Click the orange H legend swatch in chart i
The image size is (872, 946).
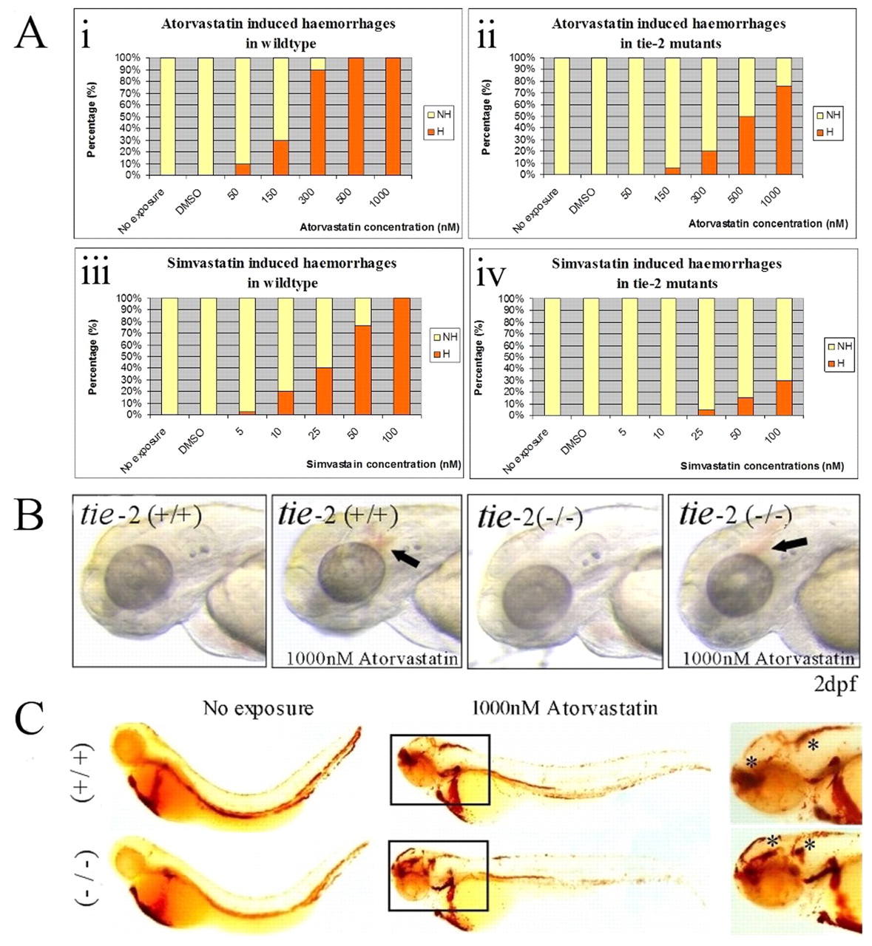tap(430, 132)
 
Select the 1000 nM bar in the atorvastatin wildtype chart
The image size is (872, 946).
tap(393, 117)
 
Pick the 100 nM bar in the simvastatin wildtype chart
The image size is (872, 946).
tap(401, 356)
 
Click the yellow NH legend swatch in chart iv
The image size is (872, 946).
tap(831, 346)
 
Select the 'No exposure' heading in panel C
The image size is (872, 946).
tap(258, 709)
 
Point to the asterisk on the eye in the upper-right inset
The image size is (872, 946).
tap(752, 763)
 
